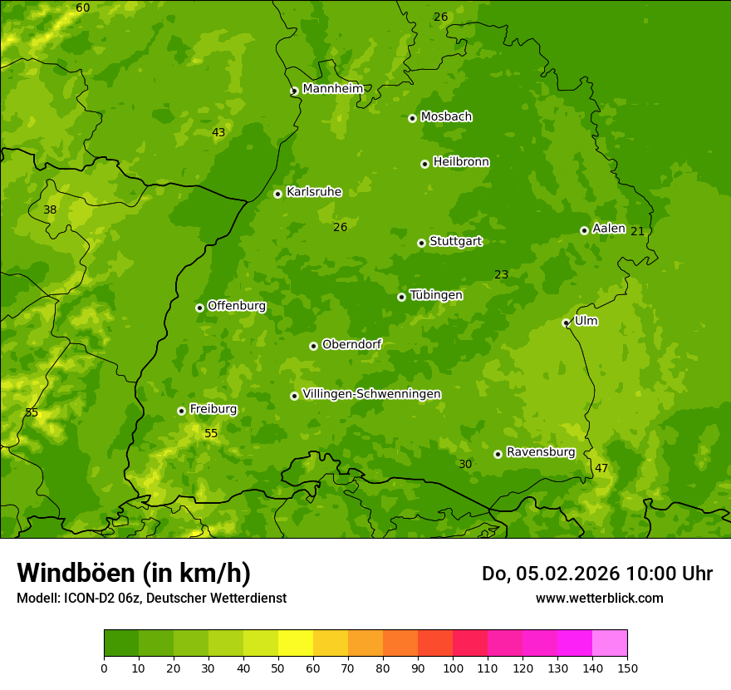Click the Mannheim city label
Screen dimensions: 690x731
[x=332, y=89]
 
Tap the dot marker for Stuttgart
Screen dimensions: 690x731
[x=421, y=243]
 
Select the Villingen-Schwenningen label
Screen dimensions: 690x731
[x=371, y=394]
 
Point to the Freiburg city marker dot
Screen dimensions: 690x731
[x=181, y=411]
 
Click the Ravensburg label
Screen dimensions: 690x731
[x=540, y=452]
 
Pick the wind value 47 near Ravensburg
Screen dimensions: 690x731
[x=601, y=468]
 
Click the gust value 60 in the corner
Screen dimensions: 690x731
[x=83, y=7]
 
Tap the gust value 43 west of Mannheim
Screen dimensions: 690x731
[x=218, y=132]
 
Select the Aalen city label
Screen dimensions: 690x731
[x=608, y=229]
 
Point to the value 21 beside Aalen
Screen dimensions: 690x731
[x=637, y=231]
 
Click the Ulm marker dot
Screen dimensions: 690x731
[x=566, y=323]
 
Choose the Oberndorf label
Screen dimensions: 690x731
[x=351, y=344]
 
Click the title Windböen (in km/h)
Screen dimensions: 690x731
[x=134, y=573]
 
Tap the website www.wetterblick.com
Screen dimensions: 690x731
[x=599, y=598]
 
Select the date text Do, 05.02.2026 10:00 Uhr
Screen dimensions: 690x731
[x=596, y=574]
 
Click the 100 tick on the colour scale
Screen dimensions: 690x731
[x=453, y=668]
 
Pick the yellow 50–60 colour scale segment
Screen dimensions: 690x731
[x=296, y=643]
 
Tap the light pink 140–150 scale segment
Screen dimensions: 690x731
[x=610, y=643]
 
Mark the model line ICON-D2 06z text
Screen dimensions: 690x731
[x=151, y=598]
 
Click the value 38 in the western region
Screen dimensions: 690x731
[x=50, y=209]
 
